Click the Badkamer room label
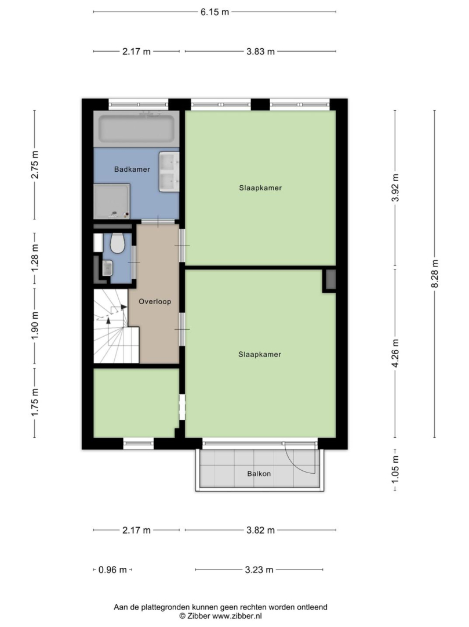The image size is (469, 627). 132,169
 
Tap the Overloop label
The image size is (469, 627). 155,301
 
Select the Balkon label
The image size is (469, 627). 259,474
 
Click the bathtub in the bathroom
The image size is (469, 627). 136,129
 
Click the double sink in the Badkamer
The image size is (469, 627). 169,171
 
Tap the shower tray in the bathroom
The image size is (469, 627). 112,201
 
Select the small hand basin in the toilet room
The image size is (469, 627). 107,268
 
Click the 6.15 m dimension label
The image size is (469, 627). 214,12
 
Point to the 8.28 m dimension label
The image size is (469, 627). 435,273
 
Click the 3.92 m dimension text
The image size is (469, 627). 395,188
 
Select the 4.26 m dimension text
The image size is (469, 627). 395,353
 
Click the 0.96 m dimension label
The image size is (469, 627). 112,570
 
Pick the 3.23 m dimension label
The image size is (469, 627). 259,570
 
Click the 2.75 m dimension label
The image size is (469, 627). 35,165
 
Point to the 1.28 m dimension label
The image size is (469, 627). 35,258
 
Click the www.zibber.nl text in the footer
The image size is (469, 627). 237,616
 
